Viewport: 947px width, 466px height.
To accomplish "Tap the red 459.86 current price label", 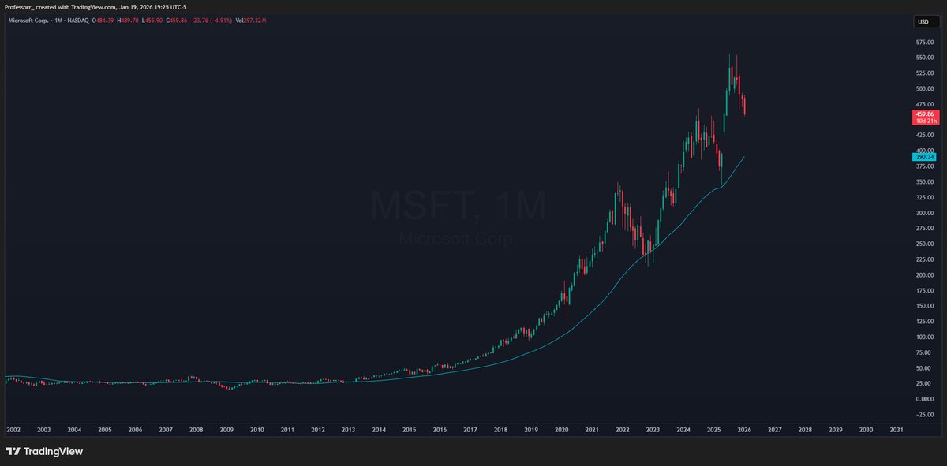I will (x=923, y=114).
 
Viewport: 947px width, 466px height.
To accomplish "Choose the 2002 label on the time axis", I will (x=13, y=430).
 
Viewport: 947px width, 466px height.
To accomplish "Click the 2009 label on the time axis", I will (x=226, y=430).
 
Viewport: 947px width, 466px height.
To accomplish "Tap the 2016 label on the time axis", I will (x=440, y=430).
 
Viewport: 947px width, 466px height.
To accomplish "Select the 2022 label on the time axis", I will (x=623, y=430).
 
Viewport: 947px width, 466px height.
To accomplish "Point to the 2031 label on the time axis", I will (x=896, y=430).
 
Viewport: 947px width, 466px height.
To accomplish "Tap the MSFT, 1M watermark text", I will (x=458, y=207).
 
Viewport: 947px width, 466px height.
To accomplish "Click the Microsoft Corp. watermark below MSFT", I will (x=458, y=237).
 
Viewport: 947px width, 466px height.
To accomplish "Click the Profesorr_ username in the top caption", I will (x=21, y=7).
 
